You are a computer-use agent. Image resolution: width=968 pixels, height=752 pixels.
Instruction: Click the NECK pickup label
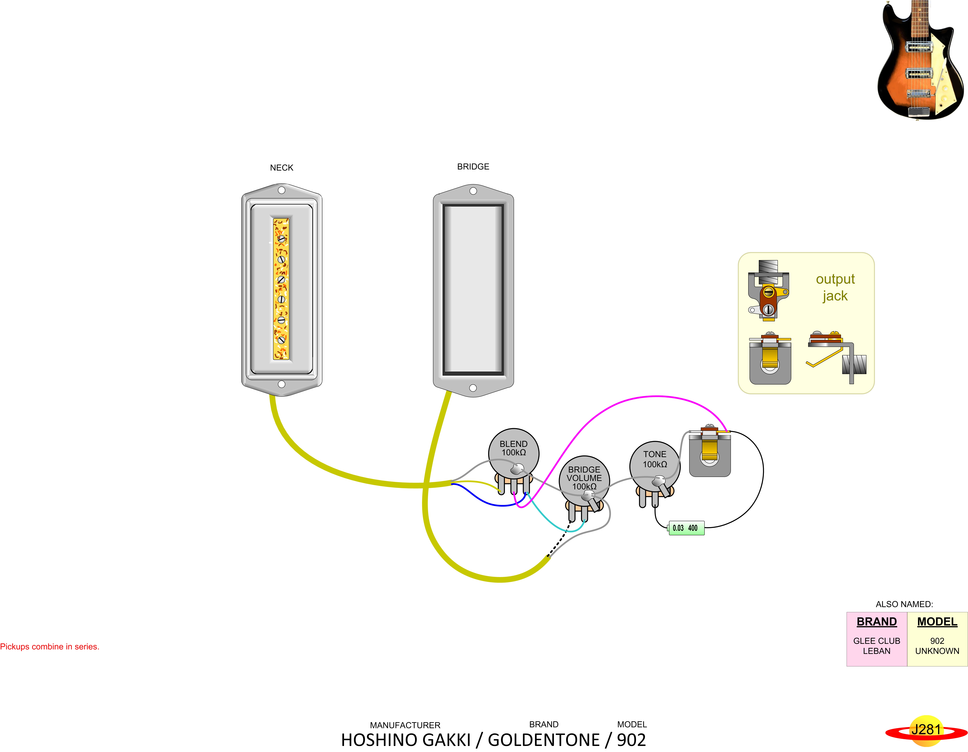(281, 168)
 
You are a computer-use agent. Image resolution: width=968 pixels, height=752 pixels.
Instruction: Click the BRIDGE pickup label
(473, 167)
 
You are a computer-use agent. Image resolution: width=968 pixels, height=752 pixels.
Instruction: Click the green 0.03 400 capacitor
(686, 528)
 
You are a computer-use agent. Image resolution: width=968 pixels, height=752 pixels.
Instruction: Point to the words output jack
(835, 287)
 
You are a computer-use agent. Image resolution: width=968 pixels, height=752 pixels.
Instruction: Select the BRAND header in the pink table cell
(876, 622)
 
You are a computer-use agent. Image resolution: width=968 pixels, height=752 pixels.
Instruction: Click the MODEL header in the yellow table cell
(937, 622)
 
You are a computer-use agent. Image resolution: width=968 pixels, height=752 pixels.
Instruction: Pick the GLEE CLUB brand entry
(876, 641)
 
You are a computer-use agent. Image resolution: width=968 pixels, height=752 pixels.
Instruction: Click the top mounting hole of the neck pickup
(281, 190)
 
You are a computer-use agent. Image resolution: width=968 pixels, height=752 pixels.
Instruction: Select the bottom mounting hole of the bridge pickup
(473, 388)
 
